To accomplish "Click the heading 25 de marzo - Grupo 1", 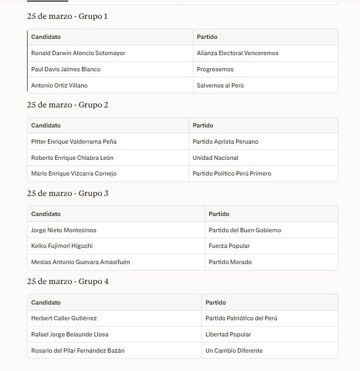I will [67, 16].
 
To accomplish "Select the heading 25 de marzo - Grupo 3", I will [68, 193].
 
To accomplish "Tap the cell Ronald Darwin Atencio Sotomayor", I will [78, 53].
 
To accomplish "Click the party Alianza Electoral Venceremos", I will [238, 53].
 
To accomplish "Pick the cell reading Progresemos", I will [216, 69].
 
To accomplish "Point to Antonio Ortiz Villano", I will [59, 85].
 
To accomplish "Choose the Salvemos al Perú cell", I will [221, 85].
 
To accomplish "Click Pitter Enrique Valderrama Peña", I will [74, 141].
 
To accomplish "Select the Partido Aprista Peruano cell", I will [225, 141].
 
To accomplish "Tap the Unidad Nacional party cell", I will [216, 158].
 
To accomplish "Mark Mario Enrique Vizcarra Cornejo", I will [74, 173].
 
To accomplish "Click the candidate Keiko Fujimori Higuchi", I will [62, 246].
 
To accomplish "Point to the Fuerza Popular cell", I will [229, 246].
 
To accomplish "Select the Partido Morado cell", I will [230, 262].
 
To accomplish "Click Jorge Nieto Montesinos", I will [64, 230].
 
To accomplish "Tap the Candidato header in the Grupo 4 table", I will [46, 302].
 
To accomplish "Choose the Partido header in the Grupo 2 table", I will [203, 125].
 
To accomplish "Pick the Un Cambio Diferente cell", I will [234, 350].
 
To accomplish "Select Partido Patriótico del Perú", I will [242, 318].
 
